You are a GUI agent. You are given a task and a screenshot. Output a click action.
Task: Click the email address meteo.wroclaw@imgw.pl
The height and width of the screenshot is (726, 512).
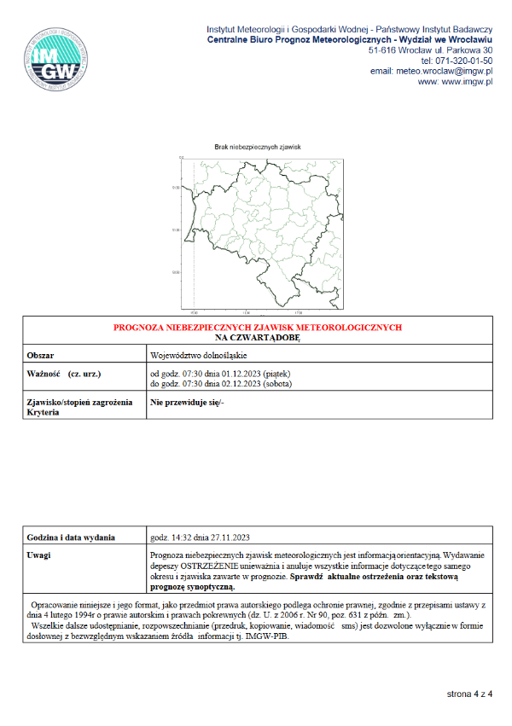click(445, 72)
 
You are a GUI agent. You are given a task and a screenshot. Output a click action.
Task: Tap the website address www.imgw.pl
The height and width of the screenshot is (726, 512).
click(468, 83)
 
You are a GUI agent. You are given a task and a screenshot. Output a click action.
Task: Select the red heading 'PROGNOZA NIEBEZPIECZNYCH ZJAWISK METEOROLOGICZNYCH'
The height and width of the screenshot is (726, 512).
click(258, 328)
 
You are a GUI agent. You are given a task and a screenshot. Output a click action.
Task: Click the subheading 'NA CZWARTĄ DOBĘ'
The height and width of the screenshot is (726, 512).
click(258, 338)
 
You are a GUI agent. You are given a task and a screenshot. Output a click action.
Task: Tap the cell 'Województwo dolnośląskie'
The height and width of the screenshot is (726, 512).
click(198, 354)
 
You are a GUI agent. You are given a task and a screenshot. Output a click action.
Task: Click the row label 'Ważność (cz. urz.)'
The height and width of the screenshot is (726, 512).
click(63, 373)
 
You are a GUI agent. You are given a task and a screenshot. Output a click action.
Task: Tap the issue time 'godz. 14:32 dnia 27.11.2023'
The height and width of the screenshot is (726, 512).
click(200, 537)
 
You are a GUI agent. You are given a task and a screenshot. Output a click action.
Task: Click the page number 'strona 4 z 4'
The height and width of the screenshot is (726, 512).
click(470, 694)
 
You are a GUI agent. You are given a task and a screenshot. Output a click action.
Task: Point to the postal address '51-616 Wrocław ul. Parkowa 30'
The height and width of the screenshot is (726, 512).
click(431, 50)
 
